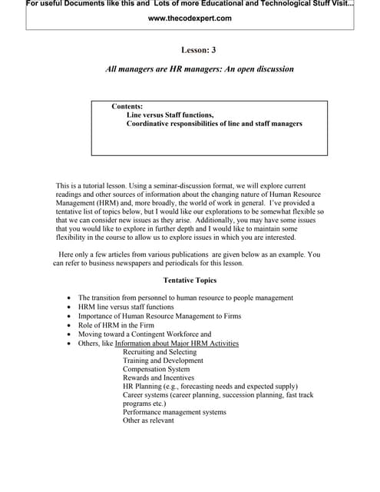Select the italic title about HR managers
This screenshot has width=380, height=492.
pos(199,69)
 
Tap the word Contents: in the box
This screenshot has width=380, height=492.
pos(127,106)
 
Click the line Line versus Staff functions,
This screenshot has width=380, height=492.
pos(170,115)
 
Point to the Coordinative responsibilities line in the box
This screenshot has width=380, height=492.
pos(214,123)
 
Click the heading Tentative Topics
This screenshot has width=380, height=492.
pos(190,281)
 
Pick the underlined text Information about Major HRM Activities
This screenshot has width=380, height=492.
pos(177,344)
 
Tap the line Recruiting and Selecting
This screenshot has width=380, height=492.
pos(159,352)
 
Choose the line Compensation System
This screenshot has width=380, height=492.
pos(156,369)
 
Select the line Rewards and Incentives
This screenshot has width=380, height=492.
pos(158,377)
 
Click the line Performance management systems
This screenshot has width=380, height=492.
pos(174,412)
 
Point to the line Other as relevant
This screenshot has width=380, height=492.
pos(148,421)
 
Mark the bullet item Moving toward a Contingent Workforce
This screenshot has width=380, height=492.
pos(144,334)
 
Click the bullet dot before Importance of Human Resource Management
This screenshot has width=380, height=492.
pos(70,316)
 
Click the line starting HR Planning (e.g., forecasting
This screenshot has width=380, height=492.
pos(210,386)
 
